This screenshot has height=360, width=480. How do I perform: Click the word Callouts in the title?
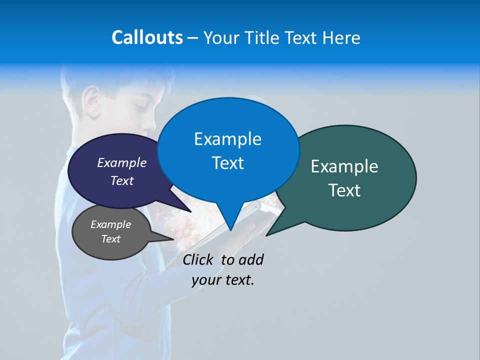147,37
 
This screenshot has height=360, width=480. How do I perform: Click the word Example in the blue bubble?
227,139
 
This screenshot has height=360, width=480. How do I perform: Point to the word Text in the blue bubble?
227,163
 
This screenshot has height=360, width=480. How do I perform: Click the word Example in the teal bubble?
344,166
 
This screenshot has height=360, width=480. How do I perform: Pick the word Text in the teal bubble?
344,190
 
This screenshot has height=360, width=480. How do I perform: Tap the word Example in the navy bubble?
122,162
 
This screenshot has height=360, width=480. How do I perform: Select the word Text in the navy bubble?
122,180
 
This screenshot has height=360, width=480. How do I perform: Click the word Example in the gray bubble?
110,224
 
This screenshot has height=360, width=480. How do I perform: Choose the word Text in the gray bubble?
110,239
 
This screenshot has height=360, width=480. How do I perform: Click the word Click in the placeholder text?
197,259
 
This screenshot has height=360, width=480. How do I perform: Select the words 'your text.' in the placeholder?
223,280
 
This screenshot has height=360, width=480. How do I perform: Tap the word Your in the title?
221,37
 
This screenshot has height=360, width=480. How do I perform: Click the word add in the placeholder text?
251,259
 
